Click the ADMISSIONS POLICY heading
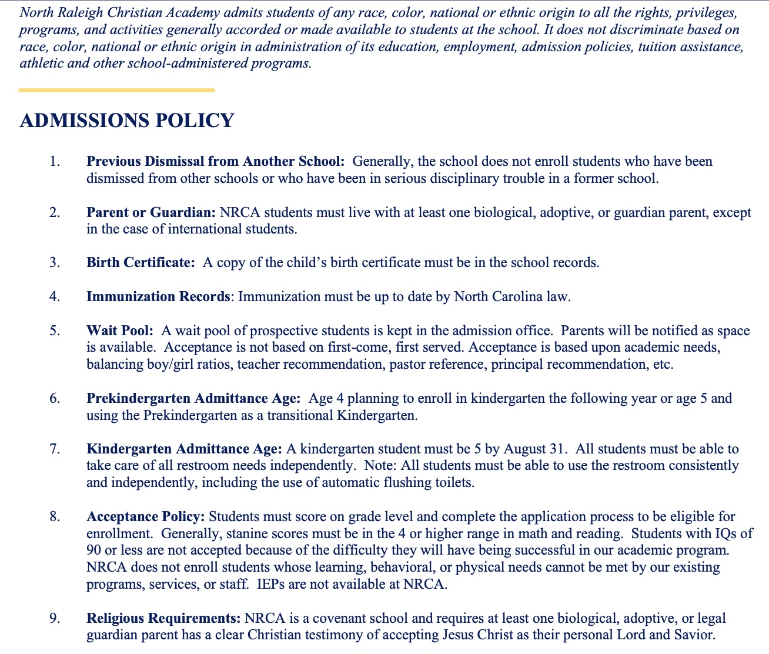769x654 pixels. pyautogui.click(x=127, y=121)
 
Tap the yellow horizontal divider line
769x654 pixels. pyautogui.click(x=116, y=90)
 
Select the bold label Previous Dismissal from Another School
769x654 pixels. pyautogui.click(x=215, y=161)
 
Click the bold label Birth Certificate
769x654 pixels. pyautogui.click(x=141, y=262)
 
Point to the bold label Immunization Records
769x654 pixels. pyautogui.click(x=158, y=296)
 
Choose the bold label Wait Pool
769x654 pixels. pyautogui.click(x=119, y=331)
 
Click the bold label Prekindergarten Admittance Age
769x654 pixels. pyautogui.click(x=193, y=398)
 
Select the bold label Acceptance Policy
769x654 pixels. pyautogui.click(x=145, y=516)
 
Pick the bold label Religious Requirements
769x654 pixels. pyautogui.click(x=163, y=618)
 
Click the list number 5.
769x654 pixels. pyautogui.click(x=55, y=331)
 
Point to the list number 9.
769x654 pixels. pyautogui.click(x=55, y=618)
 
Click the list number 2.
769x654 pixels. pyautogui.click(x=55, y=212)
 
